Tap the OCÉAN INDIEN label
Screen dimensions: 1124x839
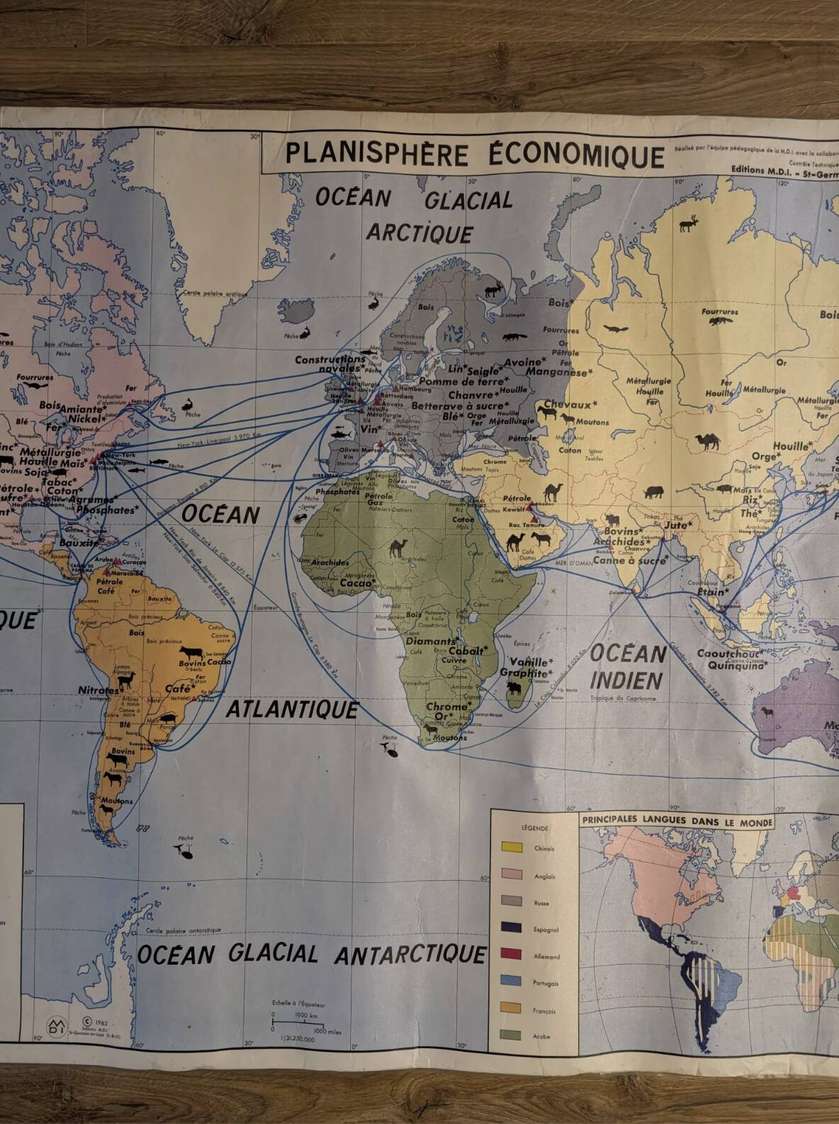628,667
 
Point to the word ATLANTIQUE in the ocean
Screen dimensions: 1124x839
292,709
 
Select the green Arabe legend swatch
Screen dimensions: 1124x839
512,1035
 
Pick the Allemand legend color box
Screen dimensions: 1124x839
512,955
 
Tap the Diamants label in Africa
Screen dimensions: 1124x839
425,641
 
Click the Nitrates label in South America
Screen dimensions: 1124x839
98,690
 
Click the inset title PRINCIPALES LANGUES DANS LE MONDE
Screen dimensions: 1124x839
677,822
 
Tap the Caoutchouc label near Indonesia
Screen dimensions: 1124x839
729,653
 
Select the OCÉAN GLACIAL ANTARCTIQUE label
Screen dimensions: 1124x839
312,955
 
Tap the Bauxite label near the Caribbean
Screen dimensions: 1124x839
79,542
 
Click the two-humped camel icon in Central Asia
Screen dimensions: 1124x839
708,442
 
